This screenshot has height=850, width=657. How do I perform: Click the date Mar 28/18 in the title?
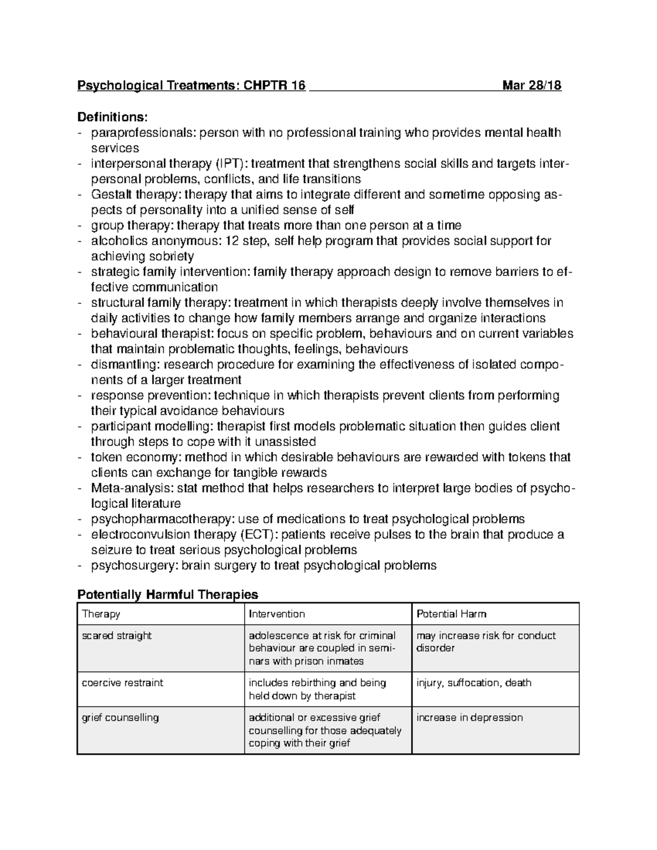click(532, 85)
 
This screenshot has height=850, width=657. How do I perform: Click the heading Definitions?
click(112, 117)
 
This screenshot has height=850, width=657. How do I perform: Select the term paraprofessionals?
click(143, 132)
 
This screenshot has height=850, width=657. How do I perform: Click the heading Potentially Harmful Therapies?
click(168, 594)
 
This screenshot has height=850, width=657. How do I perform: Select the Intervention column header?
click(277, 614)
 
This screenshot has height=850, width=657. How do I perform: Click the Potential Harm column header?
click(451, 614)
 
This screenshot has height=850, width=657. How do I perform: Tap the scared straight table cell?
click(117, 636)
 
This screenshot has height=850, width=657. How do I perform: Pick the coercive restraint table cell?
click(123, 683)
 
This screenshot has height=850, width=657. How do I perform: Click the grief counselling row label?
click(120, 718)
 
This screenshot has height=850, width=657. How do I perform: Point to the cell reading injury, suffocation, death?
click(474, 683)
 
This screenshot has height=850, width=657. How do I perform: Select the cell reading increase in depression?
click(469, 718)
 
